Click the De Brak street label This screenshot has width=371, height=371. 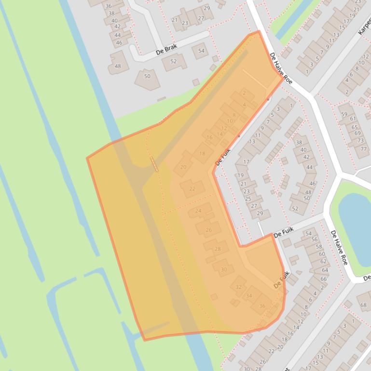click(166, 49)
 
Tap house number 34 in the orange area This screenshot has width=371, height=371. click(249, 296)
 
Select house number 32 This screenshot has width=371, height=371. click(238, 287)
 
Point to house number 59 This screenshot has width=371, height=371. click(344, 114)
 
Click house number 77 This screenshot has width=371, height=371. click(363, 149)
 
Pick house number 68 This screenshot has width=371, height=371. click(363, 305)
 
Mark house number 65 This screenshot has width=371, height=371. click(355, 127)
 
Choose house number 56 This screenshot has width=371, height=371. click(315, 239)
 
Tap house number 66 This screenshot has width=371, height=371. click(324, 279)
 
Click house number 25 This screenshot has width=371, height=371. click(248, 199)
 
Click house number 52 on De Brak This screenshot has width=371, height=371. click(173, 61)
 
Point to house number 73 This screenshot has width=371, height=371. click(360, 141)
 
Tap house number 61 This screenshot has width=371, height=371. click(353, 119)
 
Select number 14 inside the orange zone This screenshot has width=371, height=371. click(220, 133)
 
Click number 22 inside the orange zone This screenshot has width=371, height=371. click(192, 189)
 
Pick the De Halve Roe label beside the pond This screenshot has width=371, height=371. click(339, 247)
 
